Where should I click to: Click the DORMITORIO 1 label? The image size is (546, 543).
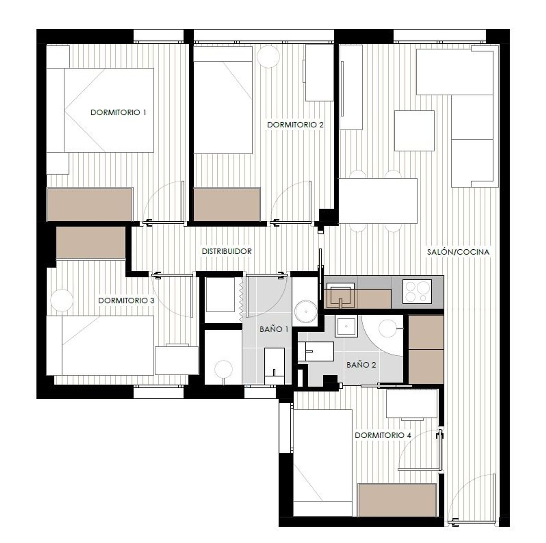pyautogui.click(x=118, y=112)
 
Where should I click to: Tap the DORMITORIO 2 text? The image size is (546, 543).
pyautogui.click(x=295, y=125)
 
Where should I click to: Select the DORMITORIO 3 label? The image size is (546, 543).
pyautogui.click(x=126, y=301)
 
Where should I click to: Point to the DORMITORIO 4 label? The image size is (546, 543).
pyautogui.click(x=383, y=435)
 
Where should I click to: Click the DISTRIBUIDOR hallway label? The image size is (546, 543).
pyautogui.click(x=227, y=251)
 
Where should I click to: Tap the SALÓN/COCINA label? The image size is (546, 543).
pyautogui.click(x=458, y=251)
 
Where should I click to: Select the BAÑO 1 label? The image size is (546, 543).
pyautogui.click(x=274, y=329)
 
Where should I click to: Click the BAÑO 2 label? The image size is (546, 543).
pyautogui.click(x=361, y=365)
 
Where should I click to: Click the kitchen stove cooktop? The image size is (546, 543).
pyautogui.click(x=417, y=292)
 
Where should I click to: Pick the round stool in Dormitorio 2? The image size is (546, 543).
pyautogui.click(x=268, y=57)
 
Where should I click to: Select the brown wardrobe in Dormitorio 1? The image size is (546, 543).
pyautogui.click(x=90, y=204)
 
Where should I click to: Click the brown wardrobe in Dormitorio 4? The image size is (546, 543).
pyautogui.click(x=397, y=500)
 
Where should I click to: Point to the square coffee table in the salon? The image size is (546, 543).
pyautogui.click(x=414, y=131)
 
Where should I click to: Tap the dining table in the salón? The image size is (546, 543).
pyautogui.click(x=378, y=201)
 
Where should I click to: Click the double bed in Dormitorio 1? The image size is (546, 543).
pyautogui.click(x=108, y=110)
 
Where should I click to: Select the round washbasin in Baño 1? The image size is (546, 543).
pyautogui.click(x=305, y=312)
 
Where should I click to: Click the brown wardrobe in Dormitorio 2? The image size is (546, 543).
pyautogui.click(x=227, y=204)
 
